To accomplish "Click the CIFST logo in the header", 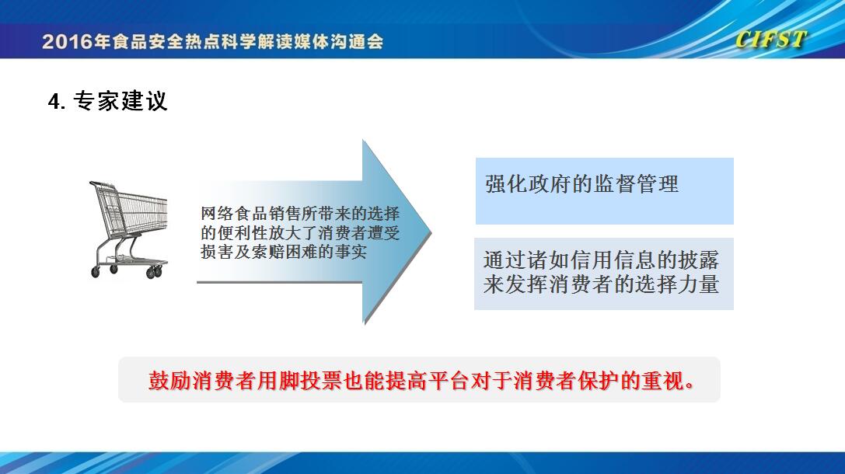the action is point(770,40).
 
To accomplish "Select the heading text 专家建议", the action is point(120,101).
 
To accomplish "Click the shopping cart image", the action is point(128,230).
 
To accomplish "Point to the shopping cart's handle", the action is point(103,185).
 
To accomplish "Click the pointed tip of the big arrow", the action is point(431,232).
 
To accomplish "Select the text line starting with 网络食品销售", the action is point(300,214).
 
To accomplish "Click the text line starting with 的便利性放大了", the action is point(300,232).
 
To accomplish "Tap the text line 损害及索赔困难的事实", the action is point(284,252).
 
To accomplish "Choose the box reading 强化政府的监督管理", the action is point(604,191).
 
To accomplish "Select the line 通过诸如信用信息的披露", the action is point(601,260).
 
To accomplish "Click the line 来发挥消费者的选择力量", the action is point(601,284).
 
